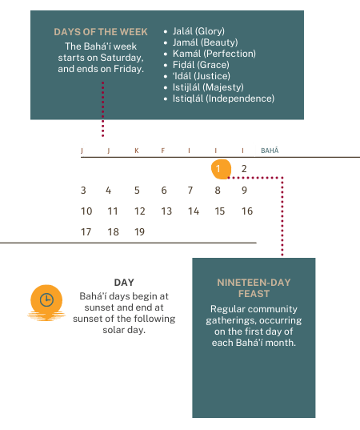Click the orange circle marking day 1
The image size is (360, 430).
[221, 169]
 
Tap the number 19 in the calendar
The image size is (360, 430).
[139, 232]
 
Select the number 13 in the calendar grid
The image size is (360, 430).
[166, 211]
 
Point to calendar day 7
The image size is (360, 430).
[190, 191]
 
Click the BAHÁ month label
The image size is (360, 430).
[270, 151]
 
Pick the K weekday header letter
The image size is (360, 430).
[137, 151]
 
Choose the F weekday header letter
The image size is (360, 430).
[163, 151]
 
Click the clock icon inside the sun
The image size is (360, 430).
[46, 299]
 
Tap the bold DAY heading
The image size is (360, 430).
[124, 283]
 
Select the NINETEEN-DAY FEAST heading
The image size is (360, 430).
[254, 288]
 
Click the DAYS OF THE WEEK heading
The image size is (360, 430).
[101, 32]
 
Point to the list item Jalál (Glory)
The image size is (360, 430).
[198, 31]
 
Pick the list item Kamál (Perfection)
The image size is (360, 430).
[214, 54]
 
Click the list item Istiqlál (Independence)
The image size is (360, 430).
[223, 98]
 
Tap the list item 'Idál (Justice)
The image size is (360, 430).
[202, 76]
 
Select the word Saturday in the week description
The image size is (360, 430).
[122, 58]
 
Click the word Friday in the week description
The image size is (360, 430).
[129, 69]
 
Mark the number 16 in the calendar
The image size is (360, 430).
[247, 211]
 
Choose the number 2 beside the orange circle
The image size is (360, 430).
[244, 169]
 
